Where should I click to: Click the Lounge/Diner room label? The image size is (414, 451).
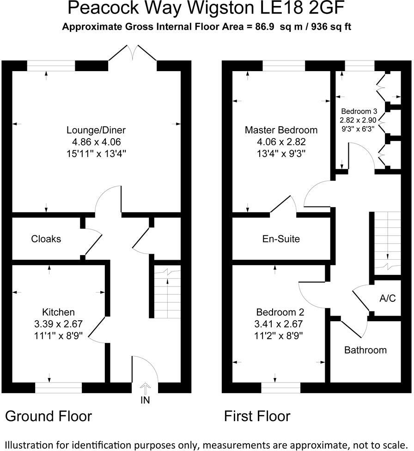96,130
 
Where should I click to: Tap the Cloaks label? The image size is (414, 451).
46,239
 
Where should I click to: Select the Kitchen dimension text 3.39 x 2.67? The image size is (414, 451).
59,324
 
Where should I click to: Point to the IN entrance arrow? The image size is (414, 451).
146,387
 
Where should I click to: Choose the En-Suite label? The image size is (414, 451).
281,239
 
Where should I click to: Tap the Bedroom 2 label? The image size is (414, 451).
280,311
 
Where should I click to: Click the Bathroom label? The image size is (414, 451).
365,350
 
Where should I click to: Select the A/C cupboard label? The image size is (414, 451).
387,298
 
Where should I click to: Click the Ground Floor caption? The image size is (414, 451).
49,416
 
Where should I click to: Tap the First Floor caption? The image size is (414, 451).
257,416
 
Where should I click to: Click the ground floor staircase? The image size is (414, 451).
167,293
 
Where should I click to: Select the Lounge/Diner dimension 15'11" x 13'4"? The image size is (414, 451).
96,153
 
